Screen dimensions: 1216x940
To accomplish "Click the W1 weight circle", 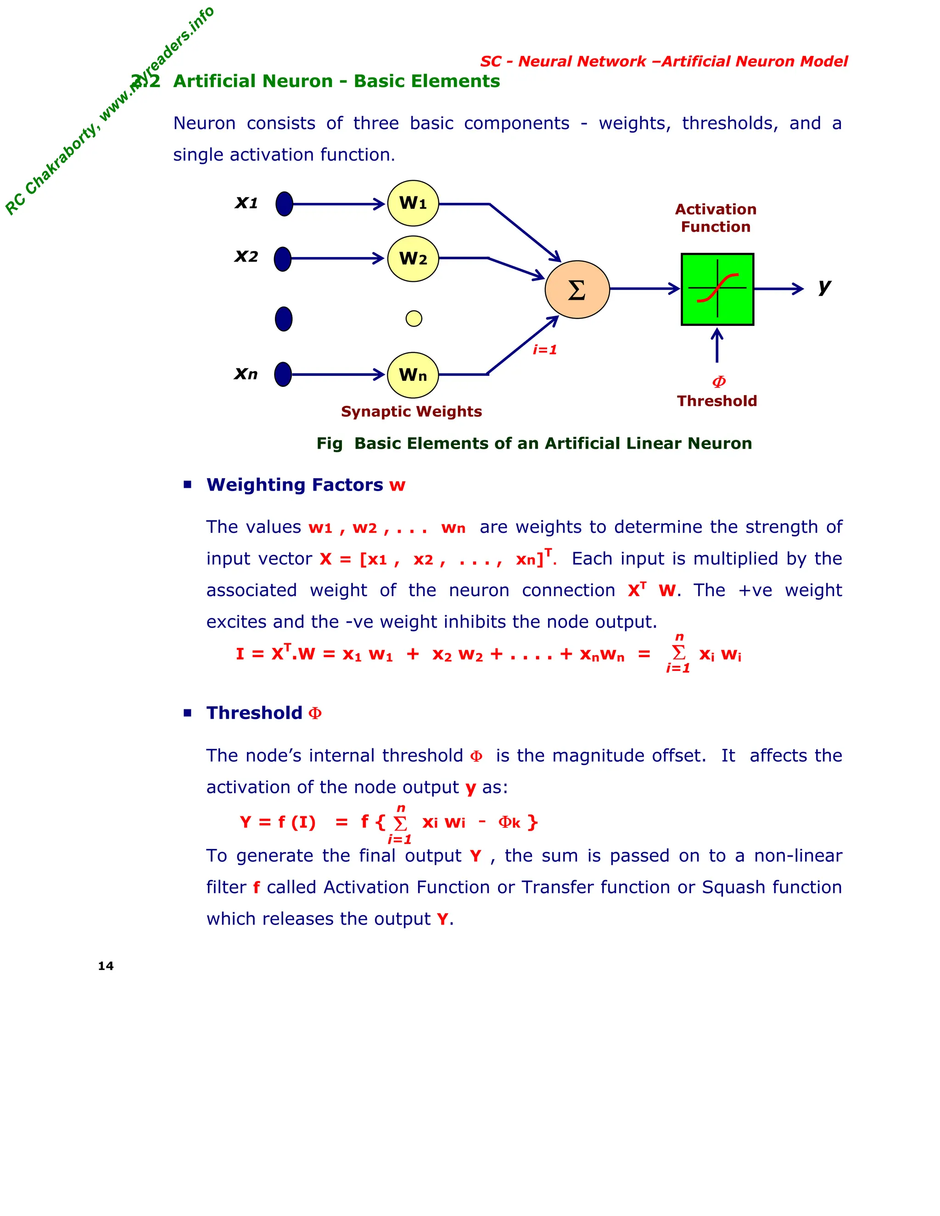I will [413, 203].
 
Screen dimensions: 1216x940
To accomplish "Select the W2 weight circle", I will [413, 258].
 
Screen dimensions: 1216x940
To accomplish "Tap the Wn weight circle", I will [413, 375].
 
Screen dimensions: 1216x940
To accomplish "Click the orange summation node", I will [577, 290].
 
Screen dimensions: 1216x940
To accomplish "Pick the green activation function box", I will [717, 289].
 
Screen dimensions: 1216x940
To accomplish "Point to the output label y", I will [824, 287].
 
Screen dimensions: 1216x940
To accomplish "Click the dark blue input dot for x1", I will [284, 204].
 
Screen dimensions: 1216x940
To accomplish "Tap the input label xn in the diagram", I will [246, 373].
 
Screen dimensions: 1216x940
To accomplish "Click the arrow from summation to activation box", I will [645, 289].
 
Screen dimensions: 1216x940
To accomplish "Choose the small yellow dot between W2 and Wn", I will [414, 318].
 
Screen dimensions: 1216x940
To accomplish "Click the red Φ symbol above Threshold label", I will [719, 382].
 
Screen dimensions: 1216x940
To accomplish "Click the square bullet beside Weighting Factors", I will [188, 485].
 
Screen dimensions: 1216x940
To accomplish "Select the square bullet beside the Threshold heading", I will [188, 713].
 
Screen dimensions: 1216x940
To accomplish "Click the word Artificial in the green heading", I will [253, 81].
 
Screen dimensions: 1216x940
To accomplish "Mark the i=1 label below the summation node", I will [545, 350].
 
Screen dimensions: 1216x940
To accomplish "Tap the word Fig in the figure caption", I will [329, 443].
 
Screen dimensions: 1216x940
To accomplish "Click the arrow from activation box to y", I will [778, 289].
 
